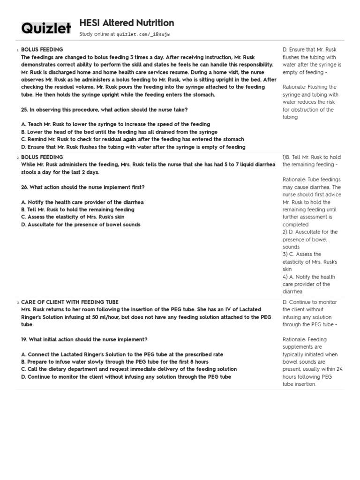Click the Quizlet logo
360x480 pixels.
(46, 29)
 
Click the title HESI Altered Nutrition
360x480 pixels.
(127, 23)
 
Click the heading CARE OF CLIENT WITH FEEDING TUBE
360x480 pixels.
(70, 302)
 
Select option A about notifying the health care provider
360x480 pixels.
(82, 202)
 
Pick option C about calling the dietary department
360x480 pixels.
(129, 369)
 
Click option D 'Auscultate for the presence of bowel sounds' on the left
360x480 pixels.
(81, 225)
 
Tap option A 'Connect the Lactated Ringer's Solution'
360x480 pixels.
(122, 354)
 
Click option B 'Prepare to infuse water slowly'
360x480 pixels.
(115, 362)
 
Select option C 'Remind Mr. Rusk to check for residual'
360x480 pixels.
(132, 139)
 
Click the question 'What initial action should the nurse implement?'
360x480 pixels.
(89, 339)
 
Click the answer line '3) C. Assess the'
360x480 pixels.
(302, 255)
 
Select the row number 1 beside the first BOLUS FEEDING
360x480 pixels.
(17, 50)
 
